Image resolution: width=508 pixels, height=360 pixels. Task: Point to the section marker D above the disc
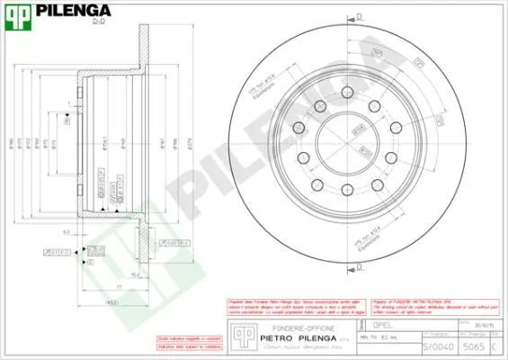click(x=359, y=16)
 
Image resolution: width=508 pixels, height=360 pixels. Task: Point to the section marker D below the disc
click(x=359, y=267)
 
